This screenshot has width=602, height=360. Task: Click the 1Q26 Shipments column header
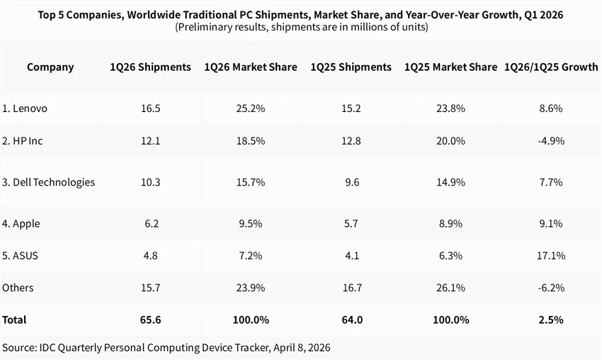coord(150,67)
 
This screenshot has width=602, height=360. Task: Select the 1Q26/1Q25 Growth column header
coord(550,67)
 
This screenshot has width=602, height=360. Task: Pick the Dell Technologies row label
coord(48,182)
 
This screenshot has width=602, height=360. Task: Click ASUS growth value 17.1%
coord(550,256)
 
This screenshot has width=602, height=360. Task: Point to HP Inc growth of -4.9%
coord(550,141)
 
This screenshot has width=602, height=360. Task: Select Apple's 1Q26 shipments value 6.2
coord(150,224)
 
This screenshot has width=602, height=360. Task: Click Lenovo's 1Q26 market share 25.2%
coord(250,109)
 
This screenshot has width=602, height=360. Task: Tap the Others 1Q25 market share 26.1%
coord(450,288)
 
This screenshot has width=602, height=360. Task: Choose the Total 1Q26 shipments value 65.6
coord(150,320)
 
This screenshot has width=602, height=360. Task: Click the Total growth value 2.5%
coord(550,320)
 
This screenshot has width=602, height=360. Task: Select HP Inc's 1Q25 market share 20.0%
coord(450,141)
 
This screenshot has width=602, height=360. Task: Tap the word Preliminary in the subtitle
coord(206,28)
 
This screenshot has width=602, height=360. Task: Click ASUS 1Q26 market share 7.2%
coord(250,256)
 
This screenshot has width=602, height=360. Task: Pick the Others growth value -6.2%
coord(550,288)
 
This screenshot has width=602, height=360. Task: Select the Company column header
coord(50,67)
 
